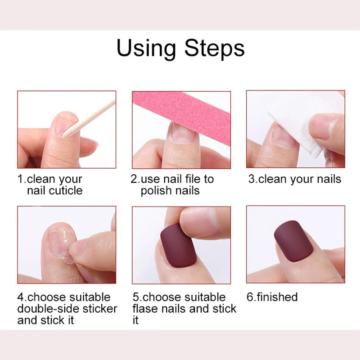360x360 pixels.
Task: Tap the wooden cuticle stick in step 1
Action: pos(90,118)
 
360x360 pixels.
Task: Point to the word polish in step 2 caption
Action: pos(155,190)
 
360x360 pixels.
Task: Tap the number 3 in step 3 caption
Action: pos(252,179)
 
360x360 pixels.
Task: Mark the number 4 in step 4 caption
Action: pos(21,297)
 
